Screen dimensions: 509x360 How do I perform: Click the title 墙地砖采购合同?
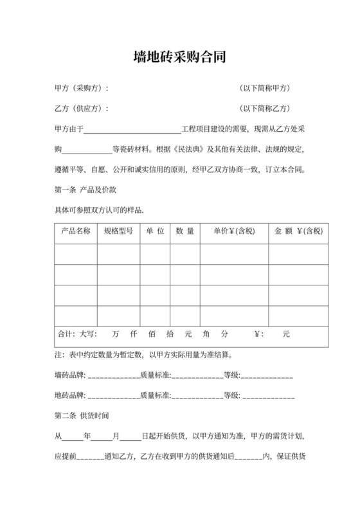(179, 58)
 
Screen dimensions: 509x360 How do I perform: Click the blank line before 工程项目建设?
(134, 130)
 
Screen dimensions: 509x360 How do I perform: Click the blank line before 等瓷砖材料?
(86, 150)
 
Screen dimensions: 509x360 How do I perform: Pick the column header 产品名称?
(75, 231)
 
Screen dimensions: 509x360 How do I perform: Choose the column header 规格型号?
(118, 231)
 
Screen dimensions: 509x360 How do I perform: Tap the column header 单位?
(155, 231)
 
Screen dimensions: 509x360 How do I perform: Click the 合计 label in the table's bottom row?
(66, 335)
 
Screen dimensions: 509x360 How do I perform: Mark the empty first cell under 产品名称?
(75, 254)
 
